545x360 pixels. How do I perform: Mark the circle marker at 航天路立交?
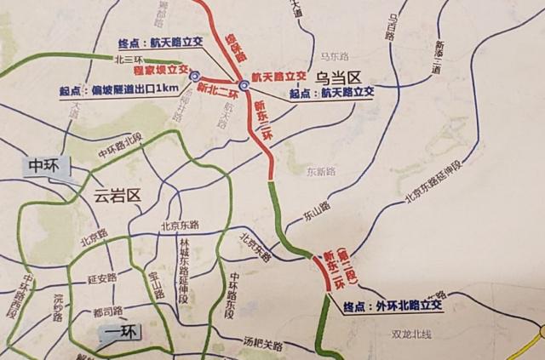point(244,85)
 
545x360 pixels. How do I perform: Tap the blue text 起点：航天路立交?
point(332,94)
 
